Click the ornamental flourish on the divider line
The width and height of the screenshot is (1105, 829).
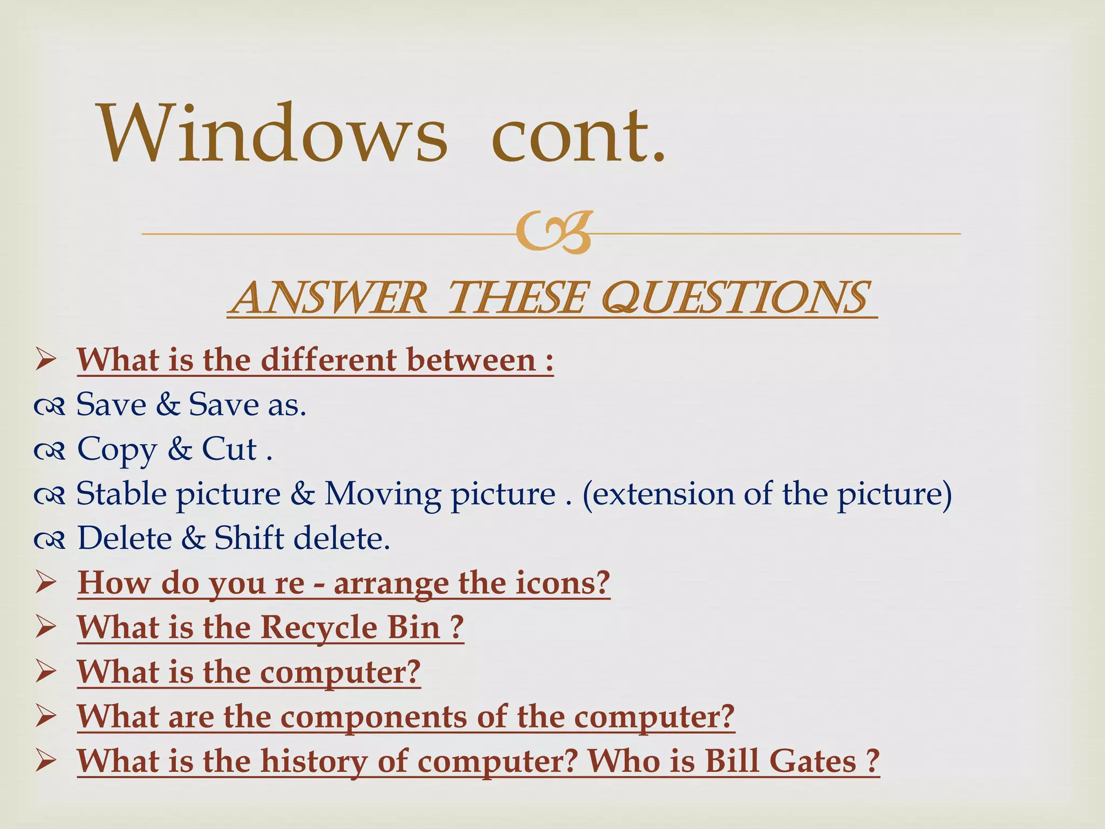click(x=554, y=233)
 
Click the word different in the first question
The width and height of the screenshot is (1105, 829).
click(x=329, y=360)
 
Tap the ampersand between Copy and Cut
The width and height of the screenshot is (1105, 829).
click(x=180, y=449)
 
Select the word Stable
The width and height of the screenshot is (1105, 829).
click(x=121, y=494)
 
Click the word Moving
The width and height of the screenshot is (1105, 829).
click(x=383, y=494)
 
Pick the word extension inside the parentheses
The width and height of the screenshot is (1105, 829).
click(x=658, y=494)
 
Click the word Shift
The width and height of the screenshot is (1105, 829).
click(x=249, y=538)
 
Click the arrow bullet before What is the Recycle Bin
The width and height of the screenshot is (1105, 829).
click(x=46, y=628)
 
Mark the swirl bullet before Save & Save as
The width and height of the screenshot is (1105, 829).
click(x=49, y=406)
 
